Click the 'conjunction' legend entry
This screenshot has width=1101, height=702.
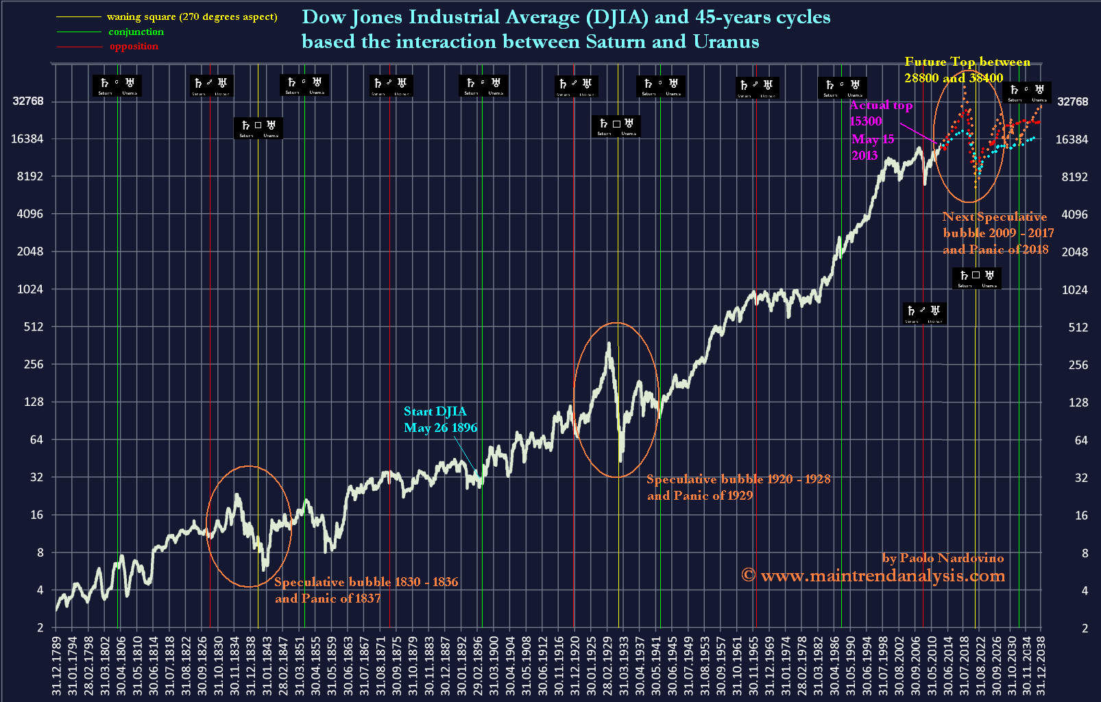pos(136,32)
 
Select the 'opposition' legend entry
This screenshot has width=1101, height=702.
pos(134,46)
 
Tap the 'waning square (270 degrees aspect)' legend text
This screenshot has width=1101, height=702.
pos(192,16)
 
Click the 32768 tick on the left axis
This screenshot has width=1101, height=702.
pos(27,101)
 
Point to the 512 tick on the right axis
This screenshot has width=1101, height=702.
pos(1078,327)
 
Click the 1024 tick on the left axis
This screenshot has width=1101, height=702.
pos(30,289)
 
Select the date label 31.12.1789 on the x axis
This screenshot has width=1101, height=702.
pos(56,665)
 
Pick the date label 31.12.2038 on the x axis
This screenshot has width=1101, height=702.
pos(1041,665)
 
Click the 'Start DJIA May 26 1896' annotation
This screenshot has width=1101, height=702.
pos(440,419)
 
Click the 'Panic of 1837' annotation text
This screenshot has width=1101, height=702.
pos(328,598)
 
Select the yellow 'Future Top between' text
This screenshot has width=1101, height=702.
pos(967,62)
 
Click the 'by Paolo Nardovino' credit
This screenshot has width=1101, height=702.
pos(943,558)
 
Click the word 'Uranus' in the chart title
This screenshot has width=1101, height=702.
pos(726,42)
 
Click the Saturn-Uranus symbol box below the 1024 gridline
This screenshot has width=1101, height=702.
pos(977,278)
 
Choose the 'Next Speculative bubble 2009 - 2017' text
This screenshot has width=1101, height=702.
pos(997,225)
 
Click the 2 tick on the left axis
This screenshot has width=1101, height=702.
pos(40,627)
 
